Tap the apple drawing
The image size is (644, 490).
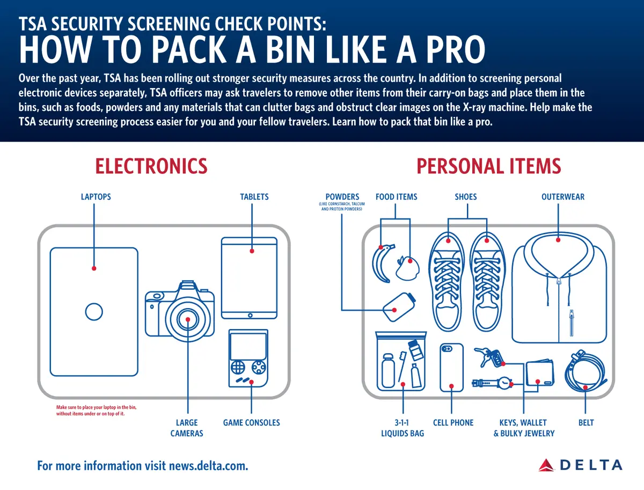tap(407, 267)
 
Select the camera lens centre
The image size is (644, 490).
tap(188, 319)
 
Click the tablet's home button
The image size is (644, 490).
tap(250, 316)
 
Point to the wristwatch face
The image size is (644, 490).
tap(504, 383)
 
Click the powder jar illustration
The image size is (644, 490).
tap(399, 307)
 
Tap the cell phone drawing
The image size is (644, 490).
tap(451, 368)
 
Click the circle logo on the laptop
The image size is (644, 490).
tap(94, 312)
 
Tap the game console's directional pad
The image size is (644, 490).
tap(238, 367)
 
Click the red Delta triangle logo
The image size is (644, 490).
tap(546, 465)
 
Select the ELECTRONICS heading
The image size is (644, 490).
tap(151, 166)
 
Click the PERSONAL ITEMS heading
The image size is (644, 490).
tap(488, 166)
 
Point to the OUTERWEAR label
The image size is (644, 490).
tap(563, 197)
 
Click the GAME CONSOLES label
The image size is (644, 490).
tap(252, 423)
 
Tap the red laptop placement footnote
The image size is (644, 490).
tap(96, 411)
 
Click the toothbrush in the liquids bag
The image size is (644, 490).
tap(402, 367)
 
